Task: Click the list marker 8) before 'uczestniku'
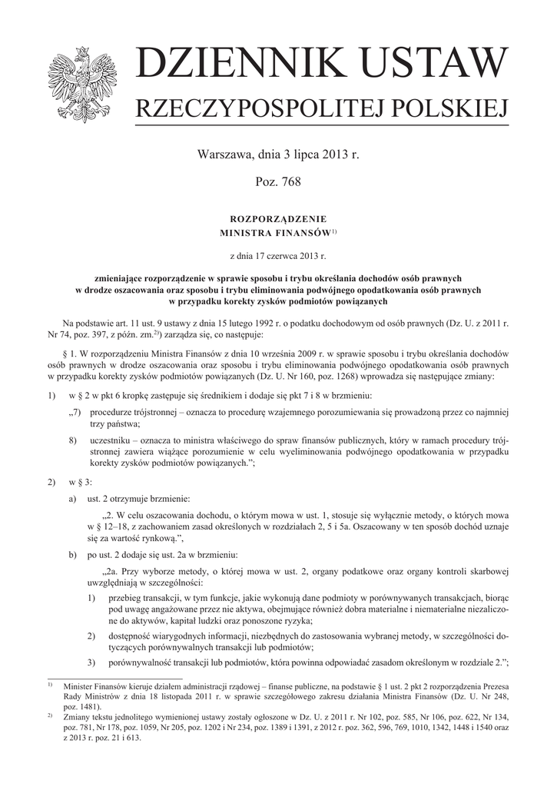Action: click(73, 440)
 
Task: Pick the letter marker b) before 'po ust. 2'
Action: click(72, 554)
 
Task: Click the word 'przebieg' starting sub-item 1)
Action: click(127, 596)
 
